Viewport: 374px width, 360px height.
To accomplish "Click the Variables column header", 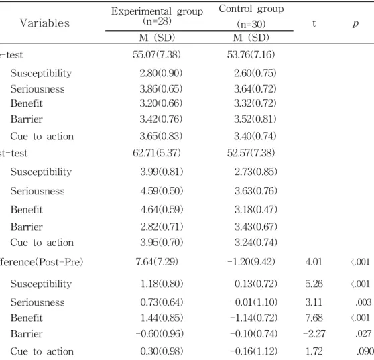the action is point(45,23).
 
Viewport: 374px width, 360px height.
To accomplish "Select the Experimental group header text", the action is point(158,11).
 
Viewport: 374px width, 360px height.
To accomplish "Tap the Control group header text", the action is point(251,9).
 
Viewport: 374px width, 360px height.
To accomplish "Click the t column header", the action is point(314,23).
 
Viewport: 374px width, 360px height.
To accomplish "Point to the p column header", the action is point(356,23).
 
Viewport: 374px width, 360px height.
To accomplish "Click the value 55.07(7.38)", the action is point(157,54).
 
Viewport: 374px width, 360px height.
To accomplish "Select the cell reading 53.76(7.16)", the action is point(251,54).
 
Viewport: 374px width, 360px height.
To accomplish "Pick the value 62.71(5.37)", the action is point(157,153).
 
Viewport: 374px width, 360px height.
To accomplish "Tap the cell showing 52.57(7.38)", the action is point(251,153).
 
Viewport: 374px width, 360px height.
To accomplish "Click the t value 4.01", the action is point(314,262).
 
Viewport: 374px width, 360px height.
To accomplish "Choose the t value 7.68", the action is point(314,318).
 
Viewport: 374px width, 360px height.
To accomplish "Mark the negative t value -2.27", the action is point(314,333).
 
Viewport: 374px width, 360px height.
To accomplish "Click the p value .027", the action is point(363,333).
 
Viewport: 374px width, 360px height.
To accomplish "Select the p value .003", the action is point(363,302).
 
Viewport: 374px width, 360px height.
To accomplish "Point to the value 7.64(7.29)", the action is point(157,262).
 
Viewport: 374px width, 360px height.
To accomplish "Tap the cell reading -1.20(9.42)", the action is point(251,262).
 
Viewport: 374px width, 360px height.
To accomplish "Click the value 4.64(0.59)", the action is point(162,209).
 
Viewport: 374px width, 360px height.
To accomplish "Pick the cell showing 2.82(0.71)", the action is point(162,227).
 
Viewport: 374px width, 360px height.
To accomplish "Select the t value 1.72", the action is point(314,351).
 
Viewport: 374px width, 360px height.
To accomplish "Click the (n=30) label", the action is point(251,24).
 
